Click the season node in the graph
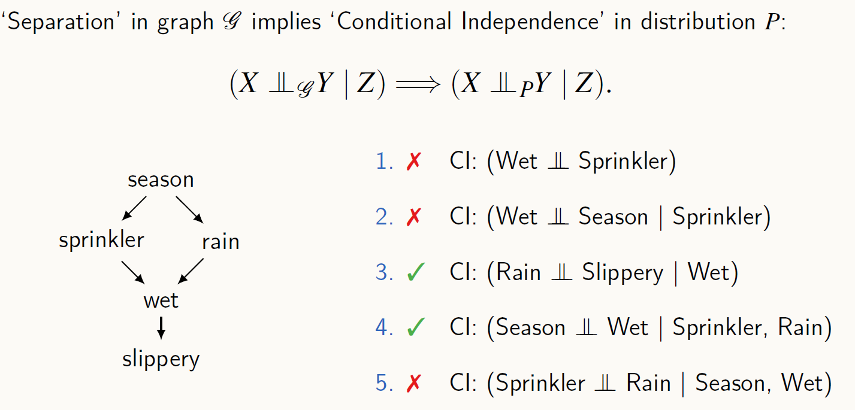point(161,180)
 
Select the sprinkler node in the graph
point(101,240)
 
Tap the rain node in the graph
point(220,242)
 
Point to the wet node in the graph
point(161,300)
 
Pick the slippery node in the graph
point(161,359)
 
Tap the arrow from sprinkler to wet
point(132,271)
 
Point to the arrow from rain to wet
point(192,271)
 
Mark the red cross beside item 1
point(413,162)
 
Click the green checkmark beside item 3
point(415,273)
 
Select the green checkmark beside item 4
point(415,327)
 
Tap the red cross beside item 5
point(413,383)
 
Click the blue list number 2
point(383,217)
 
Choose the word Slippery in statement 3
point(623,273)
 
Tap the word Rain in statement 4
point(800,327)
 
